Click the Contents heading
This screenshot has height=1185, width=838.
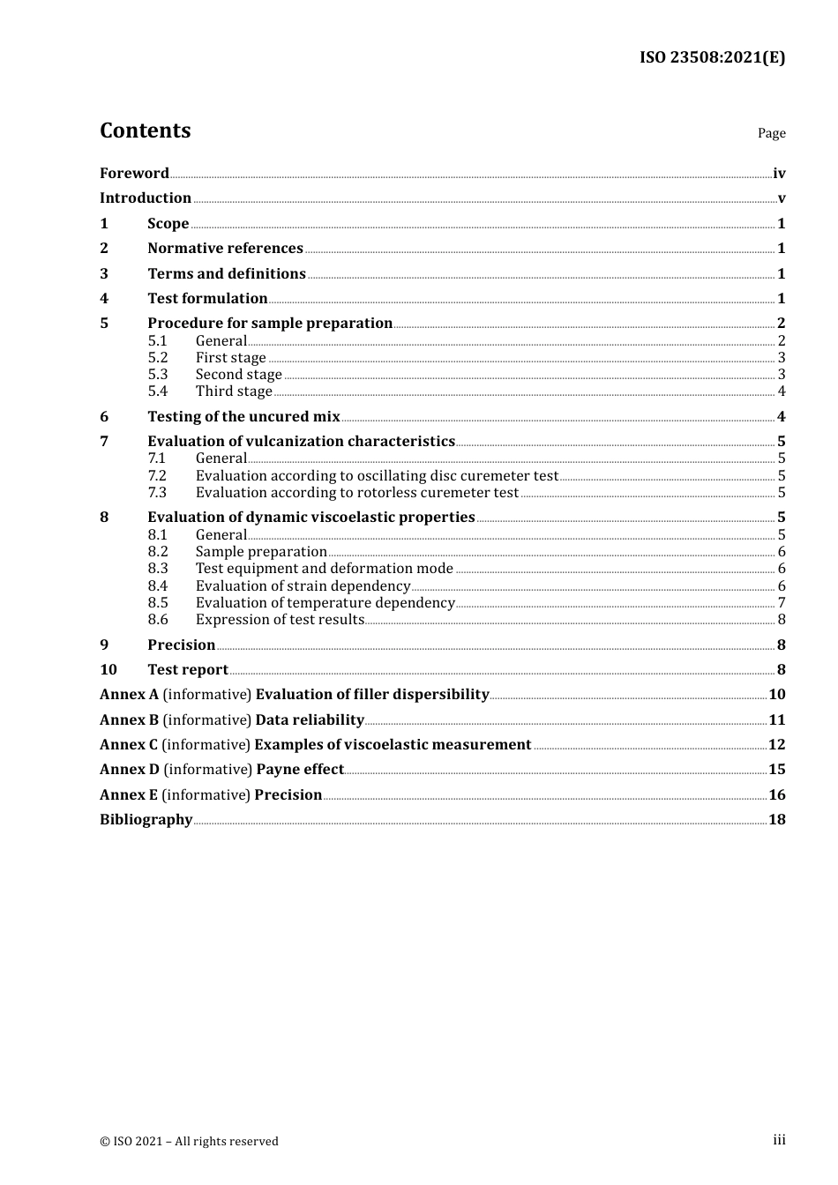[145, 130]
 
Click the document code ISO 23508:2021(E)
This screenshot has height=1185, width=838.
[712, 57]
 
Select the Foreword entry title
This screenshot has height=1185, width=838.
[134, 174]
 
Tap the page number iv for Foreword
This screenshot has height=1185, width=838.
[779, 174]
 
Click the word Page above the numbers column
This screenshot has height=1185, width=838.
[771, 133]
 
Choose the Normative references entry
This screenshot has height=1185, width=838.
[225, 249]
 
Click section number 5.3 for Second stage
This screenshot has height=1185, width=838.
[158, 375]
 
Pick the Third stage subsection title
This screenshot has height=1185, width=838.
[234, 391]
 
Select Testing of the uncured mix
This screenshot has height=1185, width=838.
[243, 417]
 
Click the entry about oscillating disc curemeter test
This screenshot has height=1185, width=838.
[377, 476]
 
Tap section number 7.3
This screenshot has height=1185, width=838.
[158, 493]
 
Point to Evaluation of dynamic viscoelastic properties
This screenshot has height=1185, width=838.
[311, 518]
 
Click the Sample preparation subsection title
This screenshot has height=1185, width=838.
[261, 552]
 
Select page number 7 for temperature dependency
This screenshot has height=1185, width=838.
[782, 603]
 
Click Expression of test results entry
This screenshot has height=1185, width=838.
[280, 620]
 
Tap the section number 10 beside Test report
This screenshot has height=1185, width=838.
[108, 670]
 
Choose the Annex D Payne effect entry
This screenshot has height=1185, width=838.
[221, 770]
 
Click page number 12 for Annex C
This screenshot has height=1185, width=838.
[777, 745]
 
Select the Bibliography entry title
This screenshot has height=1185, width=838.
[146, 820]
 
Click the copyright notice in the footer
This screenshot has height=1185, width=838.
[189, 1142]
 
